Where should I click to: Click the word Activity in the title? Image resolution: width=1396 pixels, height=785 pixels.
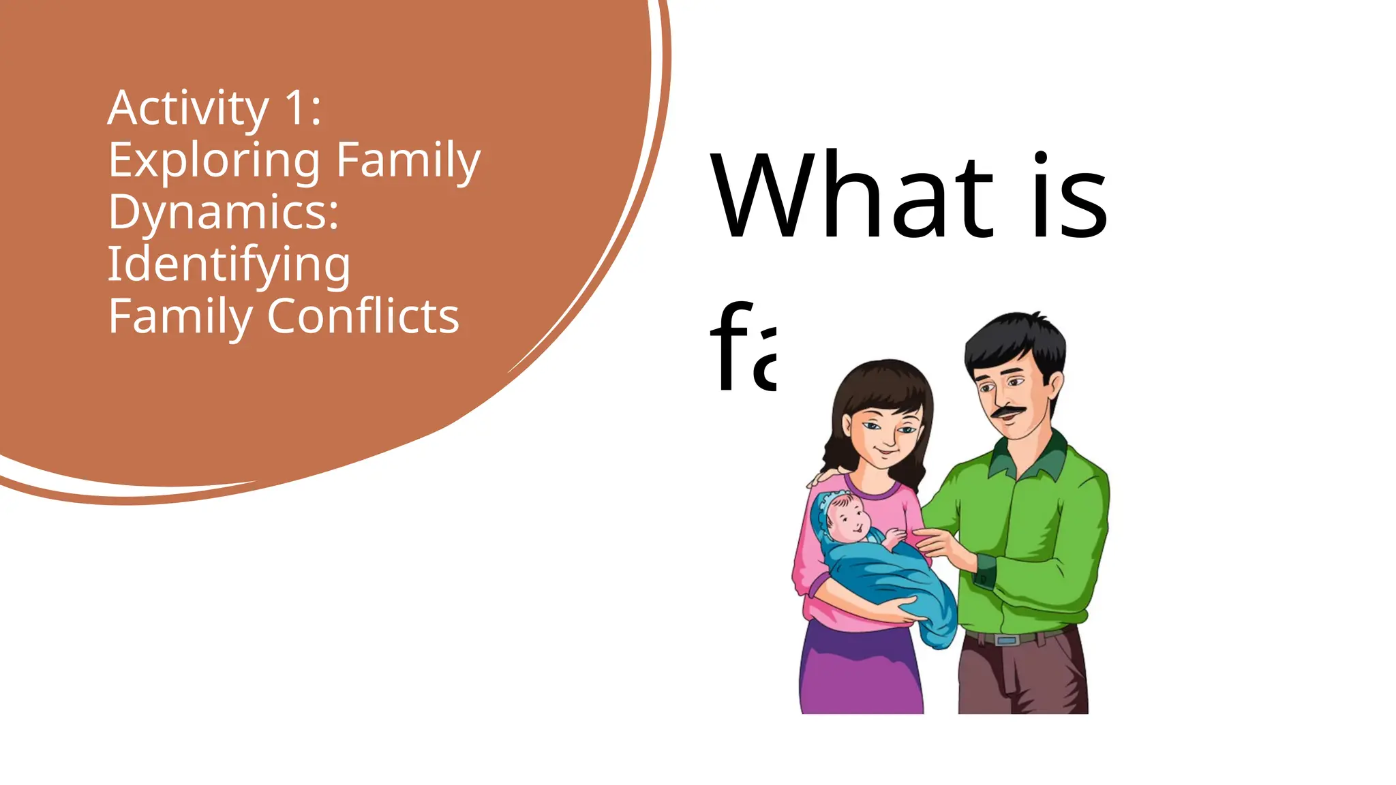tap(188, 109)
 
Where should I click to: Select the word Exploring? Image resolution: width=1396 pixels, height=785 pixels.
tap(214, 161)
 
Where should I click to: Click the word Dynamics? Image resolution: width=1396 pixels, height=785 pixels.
tap(223, 213)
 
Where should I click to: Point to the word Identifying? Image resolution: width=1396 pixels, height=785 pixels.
tap(229, 264)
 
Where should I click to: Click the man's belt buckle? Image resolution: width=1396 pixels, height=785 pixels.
tap(1007, 640)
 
